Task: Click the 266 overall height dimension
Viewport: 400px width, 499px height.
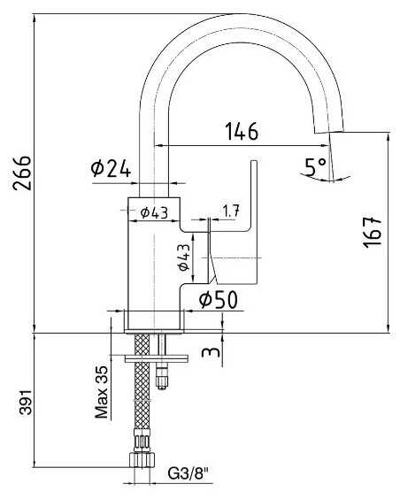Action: [22, 173]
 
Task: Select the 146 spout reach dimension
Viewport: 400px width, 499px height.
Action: [242, 131]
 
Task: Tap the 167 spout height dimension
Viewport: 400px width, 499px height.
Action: [372, 232]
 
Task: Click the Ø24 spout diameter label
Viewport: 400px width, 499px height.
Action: [111, 169]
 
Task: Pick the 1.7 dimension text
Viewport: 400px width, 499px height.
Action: [231, 211]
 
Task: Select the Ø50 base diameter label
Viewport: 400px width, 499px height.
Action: [219, 300]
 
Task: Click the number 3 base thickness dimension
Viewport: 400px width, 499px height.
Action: [211, 352]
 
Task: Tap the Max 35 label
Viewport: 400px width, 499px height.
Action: [102, 392]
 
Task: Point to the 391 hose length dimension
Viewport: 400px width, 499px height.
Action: [26, 402]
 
